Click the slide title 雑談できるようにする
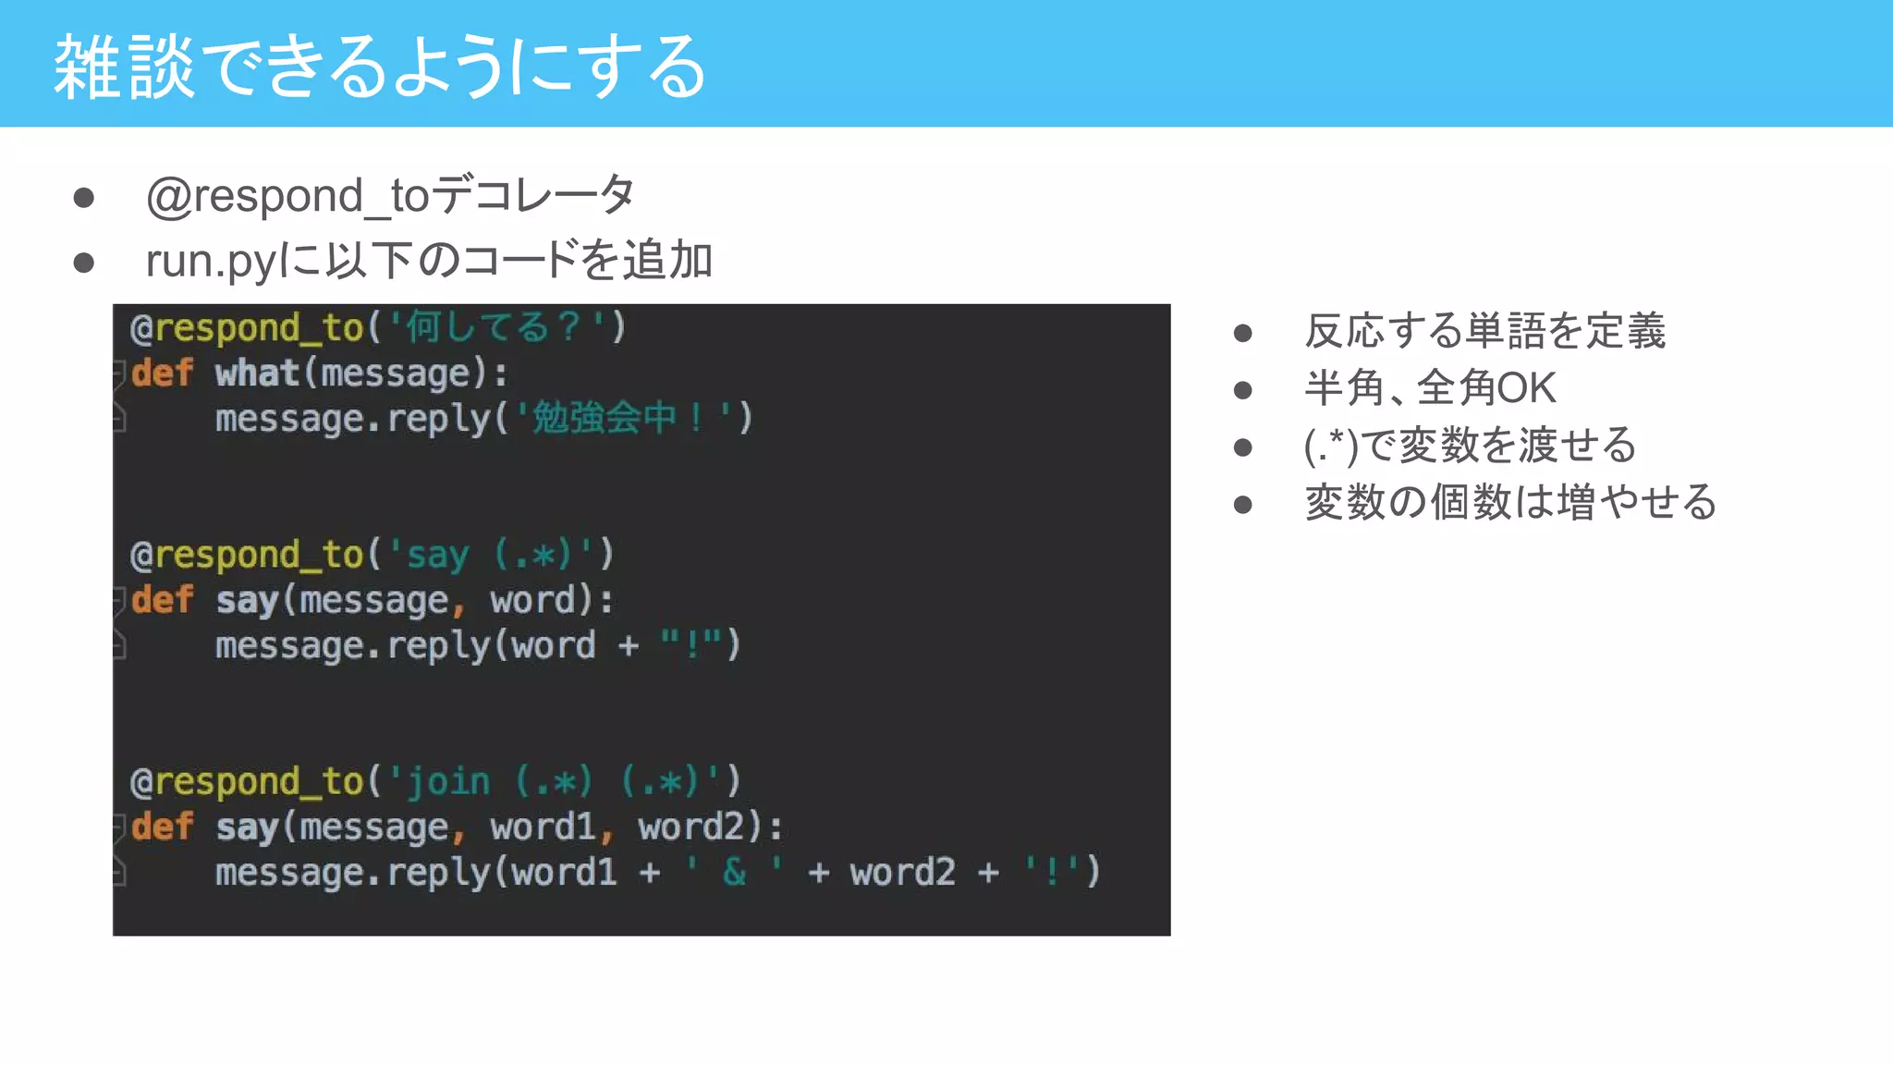click(x=379, y=67)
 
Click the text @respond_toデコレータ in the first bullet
click(x=389, y=196)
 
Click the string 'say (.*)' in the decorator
click(x=489, y=555)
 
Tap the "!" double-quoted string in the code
click(x=690, y=645)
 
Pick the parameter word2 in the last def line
click(x=690, y=826)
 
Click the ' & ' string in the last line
click(x=735, y=872)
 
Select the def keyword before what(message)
click(x=162, y=373)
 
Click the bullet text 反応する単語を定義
click(x=1484, y=331)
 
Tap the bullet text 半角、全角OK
click(x=1430, y=388)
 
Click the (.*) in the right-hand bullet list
click(x=1331, y=447)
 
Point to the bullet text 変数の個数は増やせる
click(x=1510, y=503)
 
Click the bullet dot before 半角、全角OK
click(x=1243, y=389)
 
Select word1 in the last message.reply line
click(x=564, y=872)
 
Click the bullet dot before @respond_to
click(x=84, y=198)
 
